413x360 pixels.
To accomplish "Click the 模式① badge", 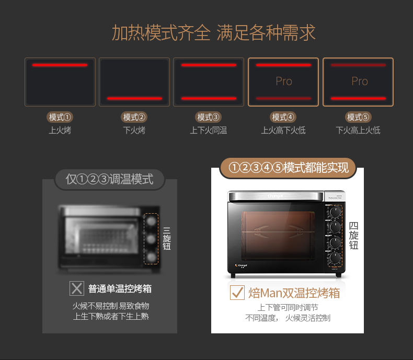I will tap(60, 117).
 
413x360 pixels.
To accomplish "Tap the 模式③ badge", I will tap(209, 117).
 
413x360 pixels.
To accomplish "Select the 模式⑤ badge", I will tap(359, 117).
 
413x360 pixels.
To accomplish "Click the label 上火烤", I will tap(60, 130).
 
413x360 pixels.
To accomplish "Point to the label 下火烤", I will tap(134, 130).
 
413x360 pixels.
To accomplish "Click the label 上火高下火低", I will tap(283, 130).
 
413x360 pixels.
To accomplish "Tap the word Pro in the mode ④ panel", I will tap(284, 82).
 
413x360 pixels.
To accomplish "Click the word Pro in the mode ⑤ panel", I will tap(359, 82).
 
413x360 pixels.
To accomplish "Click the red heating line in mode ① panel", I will tap(60, 65).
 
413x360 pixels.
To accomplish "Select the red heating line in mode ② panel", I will tap(134, 98).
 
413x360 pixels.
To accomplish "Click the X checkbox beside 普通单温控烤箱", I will tap(77, 288).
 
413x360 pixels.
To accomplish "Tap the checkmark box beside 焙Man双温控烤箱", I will tap(237, 293).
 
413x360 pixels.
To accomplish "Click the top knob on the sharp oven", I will tap(334, 212).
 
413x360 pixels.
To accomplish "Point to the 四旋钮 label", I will tap(354, 236).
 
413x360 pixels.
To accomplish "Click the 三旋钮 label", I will tap(167, 238).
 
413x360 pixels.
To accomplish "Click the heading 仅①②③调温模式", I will tap(110, 179).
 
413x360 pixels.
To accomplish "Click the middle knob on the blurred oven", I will tap(151, 239).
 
